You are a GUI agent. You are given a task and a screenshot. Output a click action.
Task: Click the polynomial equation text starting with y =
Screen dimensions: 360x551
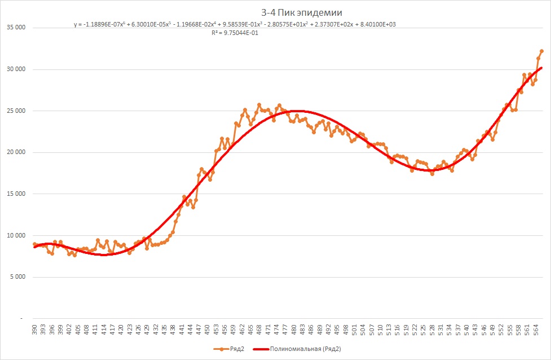tap(237, 25)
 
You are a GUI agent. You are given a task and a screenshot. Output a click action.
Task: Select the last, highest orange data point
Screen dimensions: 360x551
tap(541, 51)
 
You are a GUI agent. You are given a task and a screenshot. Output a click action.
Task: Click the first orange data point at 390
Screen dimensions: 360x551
tap(34, 244)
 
